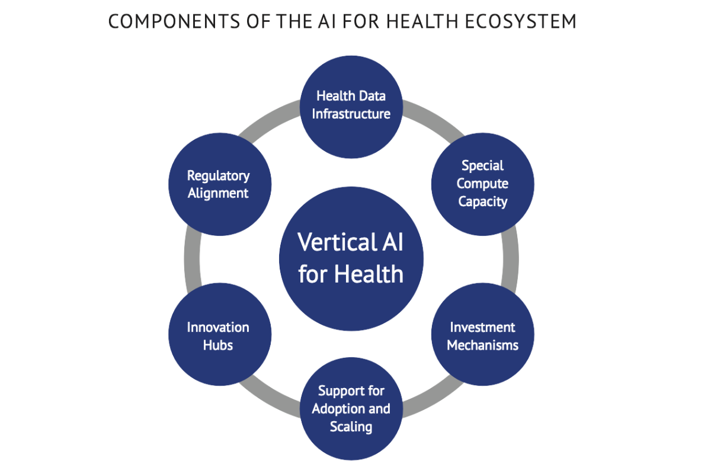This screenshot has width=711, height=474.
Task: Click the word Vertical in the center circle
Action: pos(329,242)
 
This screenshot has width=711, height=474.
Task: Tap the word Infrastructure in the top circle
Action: pos(351,113)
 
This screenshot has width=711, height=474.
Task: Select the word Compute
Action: pos(482,184)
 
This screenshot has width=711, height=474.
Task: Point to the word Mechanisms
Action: pos(482,344)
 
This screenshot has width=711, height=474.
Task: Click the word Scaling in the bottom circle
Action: pos(351,427)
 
